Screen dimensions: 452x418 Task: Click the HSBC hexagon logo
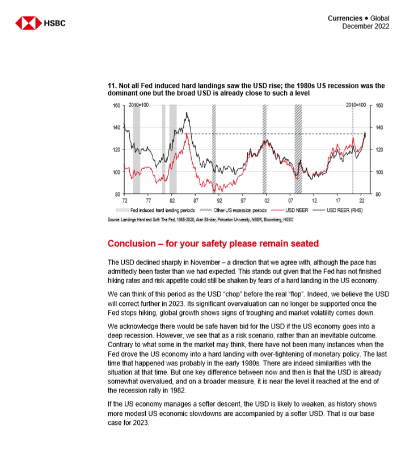(28, 23)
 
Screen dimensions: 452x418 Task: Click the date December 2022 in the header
(365, 27)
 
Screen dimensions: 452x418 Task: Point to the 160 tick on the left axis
(116, 105)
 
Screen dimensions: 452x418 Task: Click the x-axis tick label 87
(195, 201)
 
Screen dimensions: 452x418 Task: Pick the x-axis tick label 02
(266, 201)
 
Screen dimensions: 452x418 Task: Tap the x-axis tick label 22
(361, 201)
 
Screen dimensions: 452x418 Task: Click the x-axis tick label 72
(124, 201)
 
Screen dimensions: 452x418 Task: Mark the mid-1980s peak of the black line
(187, 113)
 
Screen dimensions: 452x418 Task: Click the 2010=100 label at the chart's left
(139, 106)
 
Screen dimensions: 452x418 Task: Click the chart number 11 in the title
(111, 86)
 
